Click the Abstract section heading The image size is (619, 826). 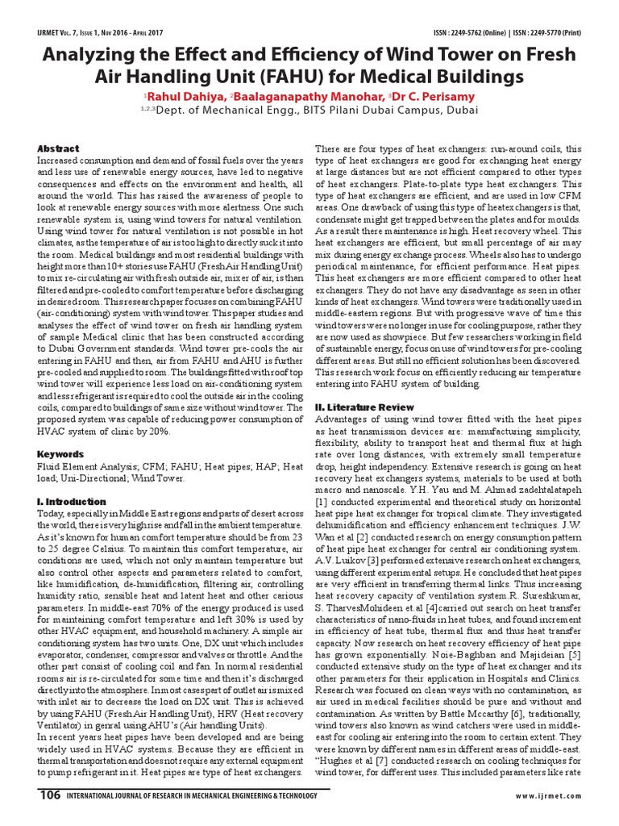(59, 148)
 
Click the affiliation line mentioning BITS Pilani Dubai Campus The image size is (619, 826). (309, 111)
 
